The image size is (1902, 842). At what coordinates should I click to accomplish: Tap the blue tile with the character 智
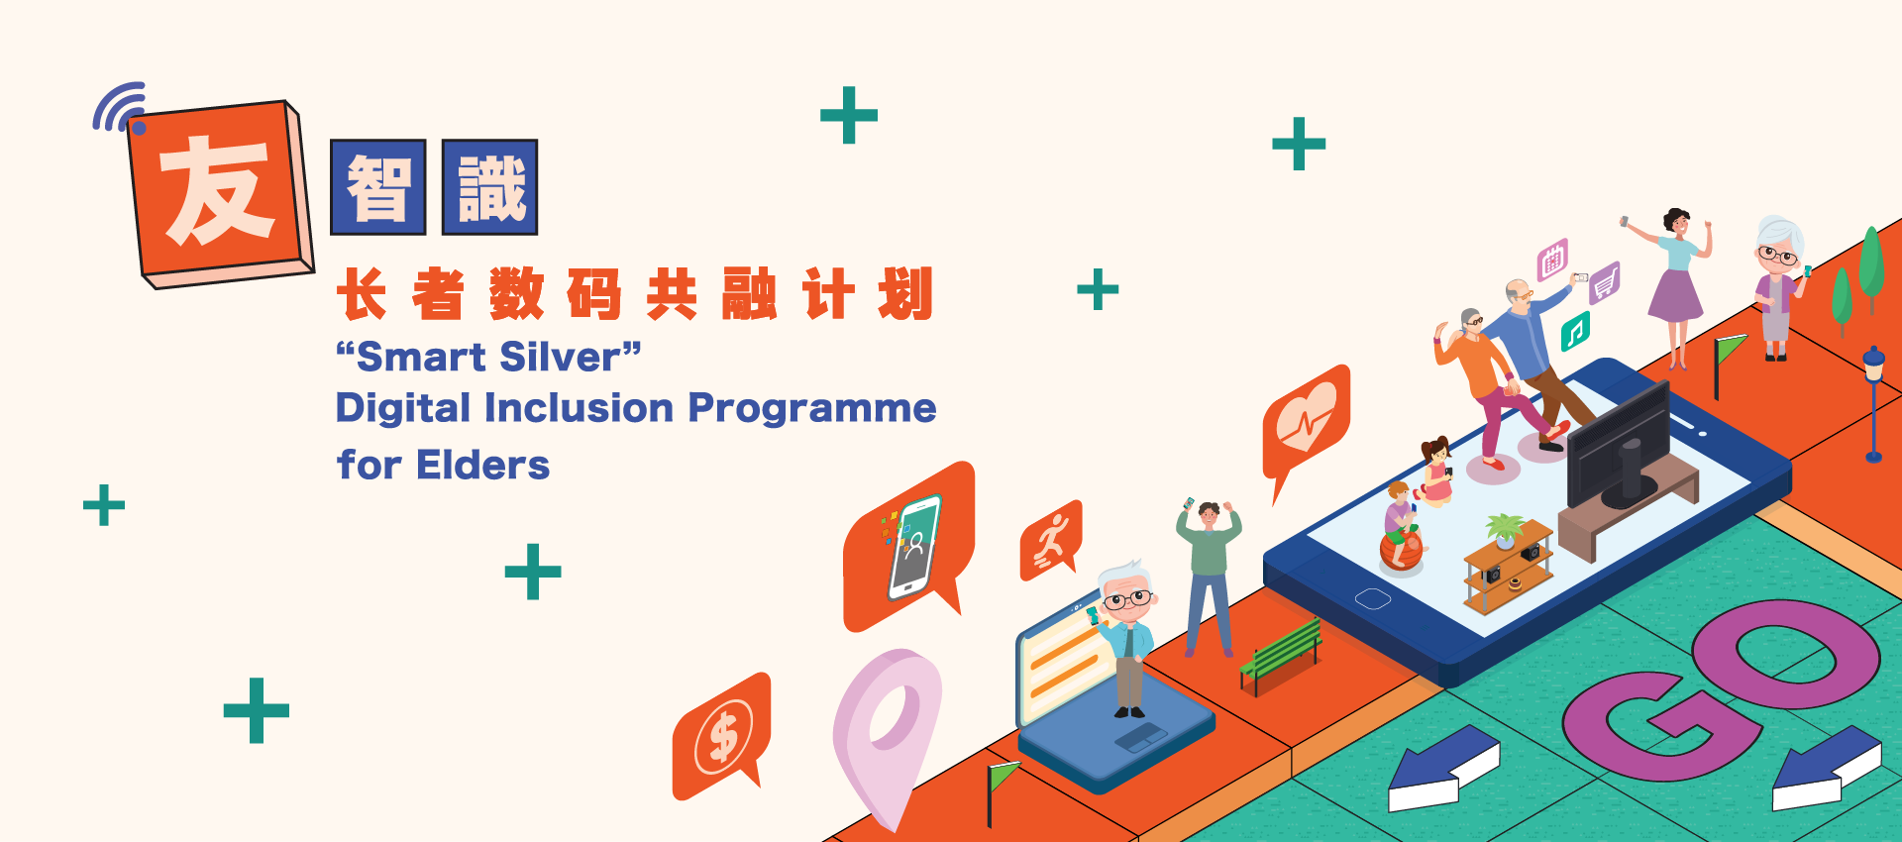pos(378,187)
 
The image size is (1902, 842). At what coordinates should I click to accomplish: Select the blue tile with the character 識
pos(489,187)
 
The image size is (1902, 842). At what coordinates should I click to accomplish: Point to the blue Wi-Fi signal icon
pos(120,107)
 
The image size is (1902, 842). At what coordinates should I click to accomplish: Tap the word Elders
pos(482,465)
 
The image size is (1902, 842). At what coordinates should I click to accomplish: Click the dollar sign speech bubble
pos(721,735)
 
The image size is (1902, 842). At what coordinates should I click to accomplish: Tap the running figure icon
pos(1051,541)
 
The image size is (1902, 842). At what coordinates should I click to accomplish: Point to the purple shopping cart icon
pos(1605,283)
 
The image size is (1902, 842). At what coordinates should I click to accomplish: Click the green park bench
pos(1281,655)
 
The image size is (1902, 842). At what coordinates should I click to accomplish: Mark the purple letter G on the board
pos(1661,724)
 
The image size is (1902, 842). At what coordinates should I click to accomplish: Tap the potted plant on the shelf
pos(1505,531)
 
